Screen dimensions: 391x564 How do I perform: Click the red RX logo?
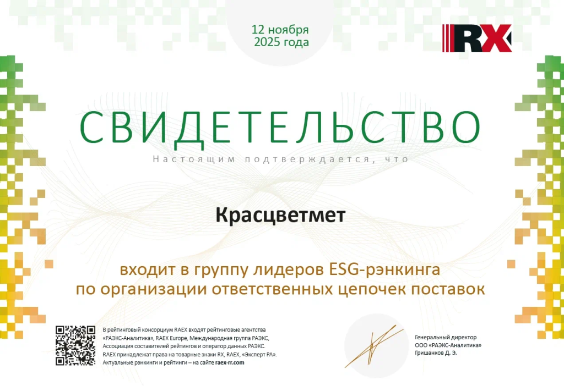pos(477,38)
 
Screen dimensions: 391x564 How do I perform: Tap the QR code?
pos(75,345)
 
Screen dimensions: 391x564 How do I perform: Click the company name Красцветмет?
pos(280,215)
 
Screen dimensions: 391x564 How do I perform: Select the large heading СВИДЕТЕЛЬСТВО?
pos(280,128)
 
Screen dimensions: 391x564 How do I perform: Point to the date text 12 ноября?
pos(280,30)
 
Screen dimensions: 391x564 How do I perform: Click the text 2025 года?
pos(281,42)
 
